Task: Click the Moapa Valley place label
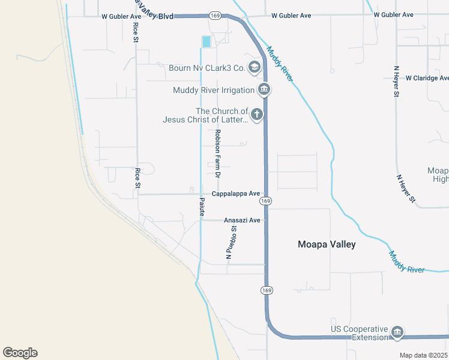coord(327,244)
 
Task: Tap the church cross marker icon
coord(257,114)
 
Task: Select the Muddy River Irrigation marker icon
coord(264,91)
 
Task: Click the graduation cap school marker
coord(254,67)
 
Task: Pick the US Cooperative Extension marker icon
coord(397,332)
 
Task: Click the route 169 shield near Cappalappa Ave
coord(267,201)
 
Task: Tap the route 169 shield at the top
coord(215,15)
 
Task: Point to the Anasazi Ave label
coord(242,220)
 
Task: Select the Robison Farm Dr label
coord(218,154)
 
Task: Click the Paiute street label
coord(202,206)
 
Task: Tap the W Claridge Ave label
coord(427,78)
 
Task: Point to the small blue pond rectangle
coord(206,42)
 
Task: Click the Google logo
coord(20,353)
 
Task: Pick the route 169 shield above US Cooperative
coord(266,290)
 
